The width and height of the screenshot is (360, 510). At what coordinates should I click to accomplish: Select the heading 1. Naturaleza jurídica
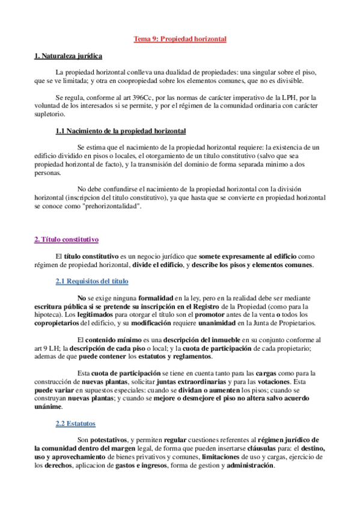68,56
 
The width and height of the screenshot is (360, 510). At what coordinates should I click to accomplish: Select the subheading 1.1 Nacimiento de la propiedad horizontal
120,131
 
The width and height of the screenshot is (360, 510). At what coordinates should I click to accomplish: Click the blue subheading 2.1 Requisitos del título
91,281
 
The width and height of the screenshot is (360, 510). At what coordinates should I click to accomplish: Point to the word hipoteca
49,315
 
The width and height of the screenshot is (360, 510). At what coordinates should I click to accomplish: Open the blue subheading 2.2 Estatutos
75,423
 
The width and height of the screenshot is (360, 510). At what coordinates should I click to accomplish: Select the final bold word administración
249,465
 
